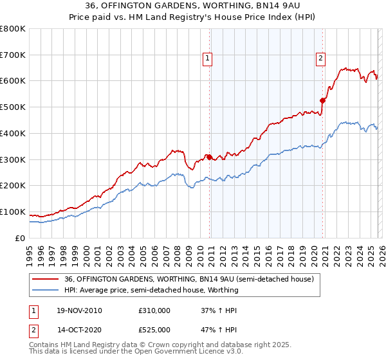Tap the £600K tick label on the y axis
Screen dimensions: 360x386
(13, 81)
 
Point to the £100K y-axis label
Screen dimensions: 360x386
(13, 212)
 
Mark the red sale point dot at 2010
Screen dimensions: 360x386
(209, 156)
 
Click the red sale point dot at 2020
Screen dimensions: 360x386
(323, 100)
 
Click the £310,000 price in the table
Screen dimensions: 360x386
(154, 310)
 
